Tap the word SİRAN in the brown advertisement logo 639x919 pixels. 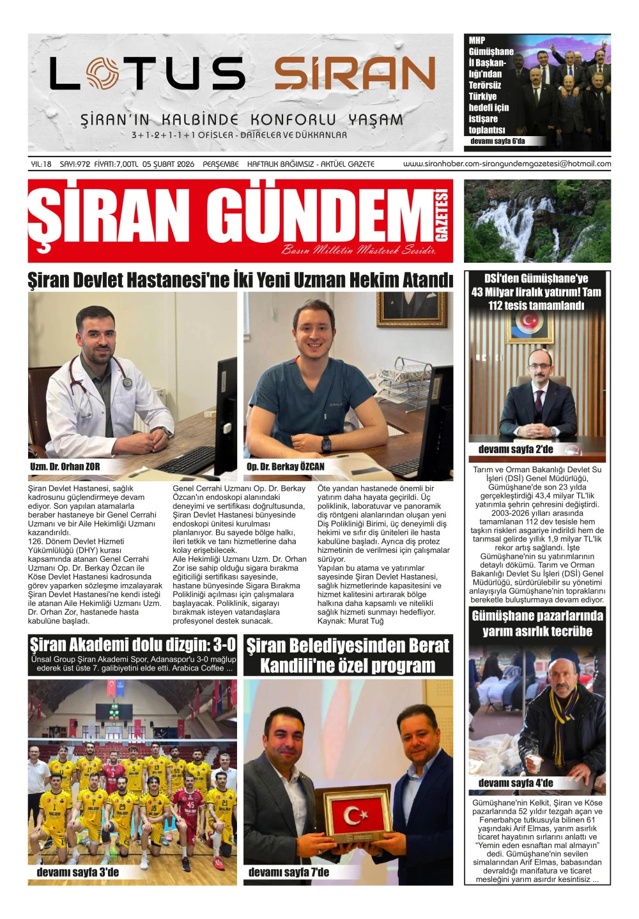[355, 73]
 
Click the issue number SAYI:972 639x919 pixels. [75, 164]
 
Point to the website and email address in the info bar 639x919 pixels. [507, 164]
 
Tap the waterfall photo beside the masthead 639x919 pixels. [537, 220]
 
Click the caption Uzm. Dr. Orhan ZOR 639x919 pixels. [65, 467]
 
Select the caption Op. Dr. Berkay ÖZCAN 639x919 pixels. [285, 467]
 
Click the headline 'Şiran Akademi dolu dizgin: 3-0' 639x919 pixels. [133, 644]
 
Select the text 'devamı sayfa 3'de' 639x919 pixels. [77, 872]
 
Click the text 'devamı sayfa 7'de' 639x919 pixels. [288, 872]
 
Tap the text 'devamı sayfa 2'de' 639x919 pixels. [516, 449]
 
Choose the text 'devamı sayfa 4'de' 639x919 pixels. [516, 783]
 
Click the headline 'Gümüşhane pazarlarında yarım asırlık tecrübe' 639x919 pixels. [537, 623]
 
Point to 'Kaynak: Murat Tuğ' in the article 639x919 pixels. [350, 621]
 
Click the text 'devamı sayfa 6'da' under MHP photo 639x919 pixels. [497, 141]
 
